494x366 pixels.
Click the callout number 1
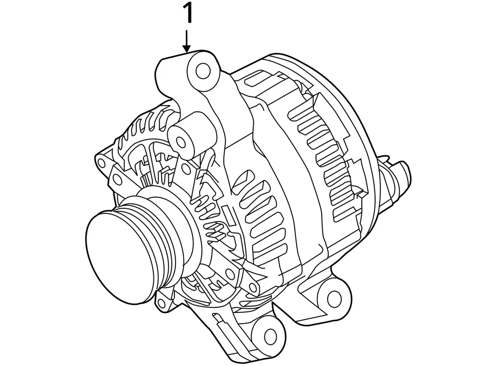point(189,14)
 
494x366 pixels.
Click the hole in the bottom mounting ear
point(270,336)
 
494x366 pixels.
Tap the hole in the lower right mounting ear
point(334,297)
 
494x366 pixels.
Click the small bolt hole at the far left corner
point(101,164)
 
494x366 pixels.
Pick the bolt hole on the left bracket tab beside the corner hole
point(117,179)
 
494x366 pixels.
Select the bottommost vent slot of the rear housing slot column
point(342,212)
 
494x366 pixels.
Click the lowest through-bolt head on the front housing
point(252,287)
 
